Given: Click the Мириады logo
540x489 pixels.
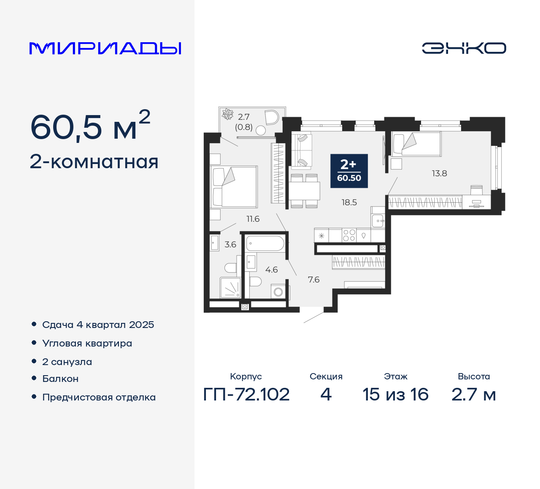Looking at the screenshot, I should pos(105,48).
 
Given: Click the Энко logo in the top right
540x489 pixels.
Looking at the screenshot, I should pos(464,48).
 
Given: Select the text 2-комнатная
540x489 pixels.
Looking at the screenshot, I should pos(94,162).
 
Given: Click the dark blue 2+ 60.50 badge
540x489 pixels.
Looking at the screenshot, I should pos(349,171).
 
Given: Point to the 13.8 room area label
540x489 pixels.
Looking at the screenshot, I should pos(439,173).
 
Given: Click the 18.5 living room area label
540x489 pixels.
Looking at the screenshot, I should pos(349,202).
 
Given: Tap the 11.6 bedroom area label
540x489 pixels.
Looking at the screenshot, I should pos(253,219).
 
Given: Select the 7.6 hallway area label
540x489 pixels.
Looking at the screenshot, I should pos(313,279).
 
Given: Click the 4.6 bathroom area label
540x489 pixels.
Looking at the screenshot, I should pos(271,270).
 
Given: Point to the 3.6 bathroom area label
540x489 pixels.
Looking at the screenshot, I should pos(230,244).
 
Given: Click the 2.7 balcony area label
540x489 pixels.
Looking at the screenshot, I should pos(243,117).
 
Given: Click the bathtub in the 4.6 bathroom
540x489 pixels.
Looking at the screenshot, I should pos(265,243).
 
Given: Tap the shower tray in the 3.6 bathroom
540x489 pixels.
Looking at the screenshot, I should pos(230,287).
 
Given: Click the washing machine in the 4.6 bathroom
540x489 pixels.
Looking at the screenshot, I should pos(278,291).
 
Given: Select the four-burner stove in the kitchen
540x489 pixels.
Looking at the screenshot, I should pos(349,235).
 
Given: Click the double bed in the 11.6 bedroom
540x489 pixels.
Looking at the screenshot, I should pos(234,186).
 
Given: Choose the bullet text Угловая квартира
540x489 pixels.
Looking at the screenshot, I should pos(87,344).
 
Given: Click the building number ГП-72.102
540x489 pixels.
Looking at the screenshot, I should pos(246,395).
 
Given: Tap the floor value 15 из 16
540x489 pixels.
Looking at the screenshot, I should pos(395,395).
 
